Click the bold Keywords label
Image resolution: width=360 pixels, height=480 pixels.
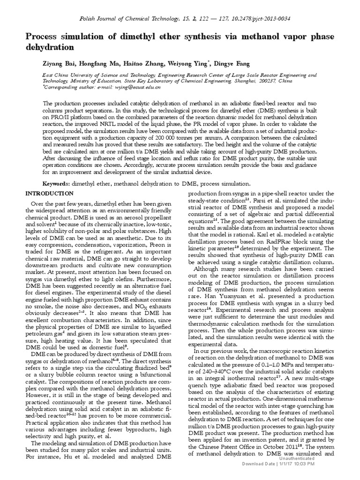coord(58,184)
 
